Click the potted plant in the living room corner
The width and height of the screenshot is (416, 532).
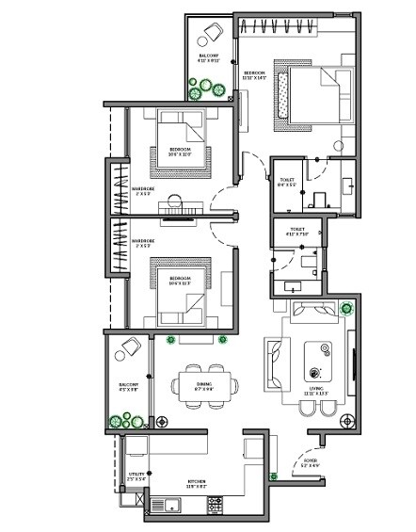click(x=348, y=307)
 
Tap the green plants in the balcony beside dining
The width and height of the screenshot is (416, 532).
click(x=120, y=421)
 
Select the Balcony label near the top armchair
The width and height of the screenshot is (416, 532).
click(x=209, y=59)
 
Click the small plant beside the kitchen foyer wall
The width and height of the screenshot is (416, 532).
click(x=273, y=476)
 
